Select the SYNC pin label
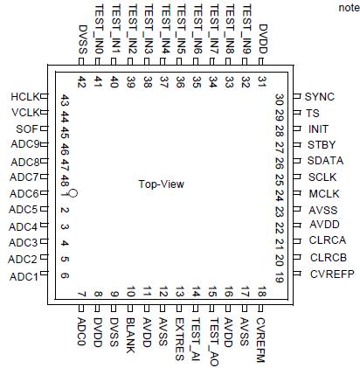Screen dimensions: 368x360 [321, 96]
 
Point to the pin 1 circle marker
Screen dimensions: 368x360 [74, 193]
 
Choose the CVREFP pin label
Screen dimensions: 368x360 [329, 274]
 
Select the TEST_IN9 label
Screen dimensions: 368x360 [245, 30]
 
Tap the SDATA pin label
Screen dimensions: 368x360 [324, 162]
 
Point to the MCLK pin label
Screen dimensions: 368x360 [322, 193]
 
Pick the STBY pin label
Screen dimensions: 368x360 [321, 145]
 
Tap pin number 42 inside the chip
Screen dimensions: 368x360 [81, 83]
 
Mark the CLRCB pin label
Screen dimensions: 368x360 [328, 258]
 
